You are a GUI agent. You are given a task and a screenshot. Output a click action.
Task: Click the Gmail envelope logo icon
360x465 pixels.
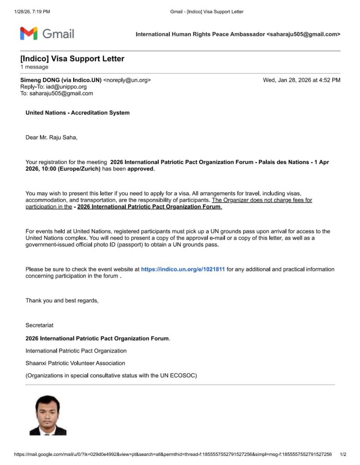click(28, 33)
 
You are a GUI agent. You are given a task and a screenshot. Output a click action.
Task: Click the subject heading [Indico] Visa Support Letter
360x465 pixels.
click(72, 59)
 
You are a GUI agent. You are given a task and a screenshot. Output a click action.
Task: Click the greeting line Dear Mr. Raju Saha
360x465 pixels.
click(51, 138)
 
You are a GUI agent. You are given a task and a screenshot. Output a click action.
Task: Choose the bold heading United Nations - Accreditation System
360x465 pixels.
click(77, 113)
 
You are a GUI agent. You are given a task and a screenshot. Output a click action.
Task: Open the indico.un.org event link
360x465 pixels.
click(183, 269)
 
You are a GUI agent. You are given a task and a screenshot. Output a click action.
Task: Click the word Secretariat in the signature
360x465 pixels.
click(39, 325)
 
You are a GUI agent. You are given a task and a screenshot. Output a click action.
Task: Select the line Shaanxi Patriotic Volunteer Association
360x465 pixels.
click(75, 363)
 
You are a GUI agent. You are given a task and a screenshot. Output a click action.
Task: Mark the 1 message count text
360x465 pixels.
click(34, 67)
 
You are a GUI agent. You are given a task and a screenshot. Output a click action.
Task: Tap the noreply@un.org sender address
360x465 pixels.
click(127, 80)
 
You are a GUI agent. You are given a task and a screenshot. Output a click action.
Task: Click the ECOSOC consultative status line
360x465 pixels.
click(111, 375)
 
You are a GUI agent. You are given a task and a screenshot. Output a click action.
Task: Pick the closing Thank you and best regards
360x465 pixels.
click(62, 301)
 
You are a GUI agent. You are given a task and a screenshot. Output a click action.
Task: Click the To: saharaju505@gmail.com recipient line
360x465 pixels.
click(56, 93)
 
